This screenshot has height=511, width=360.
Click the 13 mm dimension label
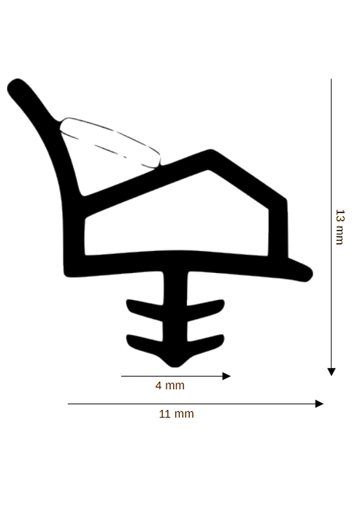point(340,227)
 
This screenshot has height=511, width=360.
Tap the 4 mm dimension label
point(170,385)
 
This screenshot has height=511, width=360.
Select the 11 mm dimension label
point(177,414)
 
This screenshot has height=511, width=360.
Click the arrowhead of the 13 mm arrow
point(332,372)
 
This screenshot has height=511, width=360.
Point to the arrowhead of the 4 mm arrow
point(226,376)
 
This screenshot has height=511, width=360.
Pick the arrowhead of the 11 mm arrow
point(320,404)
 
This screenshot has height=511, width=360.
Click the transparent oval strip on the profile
point(110,143)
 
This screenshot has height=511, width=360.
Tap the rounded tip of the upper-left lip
point(15,85)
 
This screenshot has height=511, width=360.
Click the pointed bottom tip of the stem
point(175,366)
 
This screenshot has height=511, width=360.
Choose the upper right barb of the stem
point(206,310)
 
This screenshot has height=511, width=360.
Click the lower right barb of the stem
point(206,345)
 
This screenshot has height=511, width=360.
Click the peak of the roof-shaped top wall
point(210,152)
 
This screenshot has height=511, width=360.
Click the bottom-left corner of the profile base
point(67,274)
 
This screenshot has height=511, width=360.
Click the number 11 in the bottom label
point(165,414)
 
